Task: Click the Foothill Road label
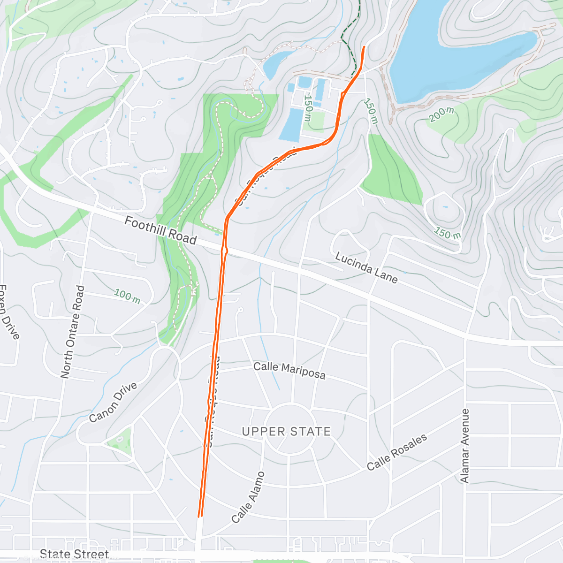click(160, 230)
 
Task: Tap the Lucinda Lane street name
click(366, 268)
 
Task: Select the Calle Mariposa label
click(289, 370)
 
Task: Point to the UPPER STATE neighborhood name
click(286, 431)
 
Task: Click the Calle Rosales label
click(397, 452)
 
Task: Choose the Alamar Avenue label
click(465, 446)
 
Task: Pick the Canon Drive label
click(113, 402)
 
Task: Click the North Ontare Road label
click(73, 332)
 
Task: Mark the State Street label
click(74, 554)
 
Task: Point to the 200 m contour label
click(441, 114)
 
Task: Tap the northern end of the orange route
click(365, 47)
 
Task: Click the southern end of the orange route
click(200, 516)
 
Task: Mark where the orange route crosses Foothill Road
click(225, 247)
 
